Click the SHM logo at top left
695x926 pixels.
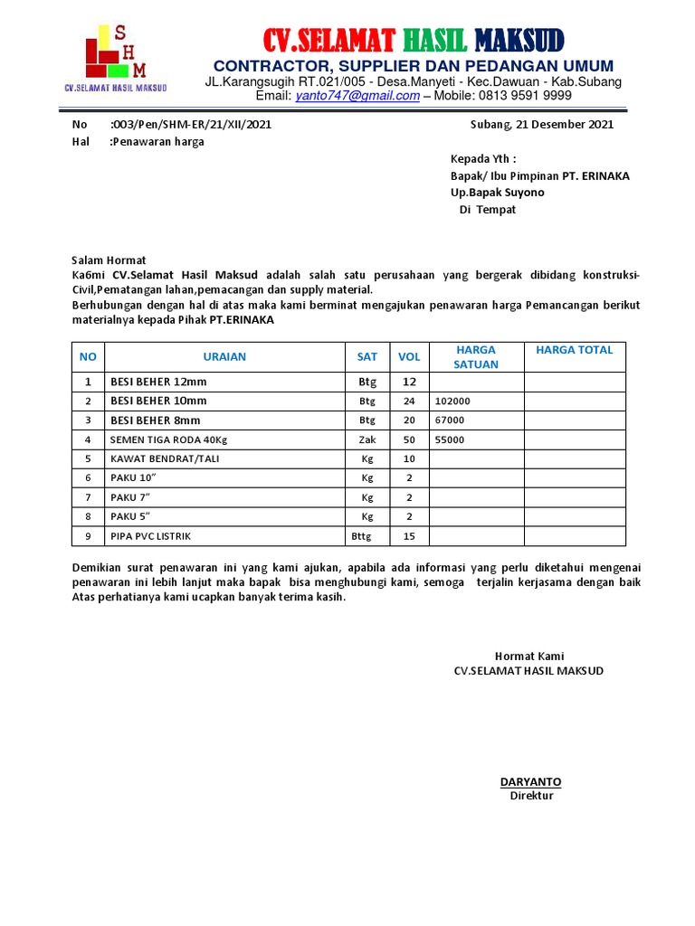[x=114, y=56]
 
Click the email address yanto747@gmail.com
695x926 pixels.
[x=357, y=96]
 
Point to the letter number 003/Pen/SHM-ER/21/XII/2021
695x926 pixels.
[x=190, y=125]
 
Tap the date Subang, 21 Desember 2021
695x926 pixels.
[x=542, y=125]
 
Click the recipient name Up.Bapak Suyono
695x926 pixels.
[x=498, y=193]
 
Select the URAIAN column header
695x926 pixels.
[x=224, y=357]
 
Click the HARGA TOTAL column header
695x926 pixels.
[x=574, y=350]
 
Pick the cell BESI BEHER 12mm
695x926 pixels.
[x=158, y=382]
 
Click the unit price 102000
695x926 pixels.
[x=452, y=402]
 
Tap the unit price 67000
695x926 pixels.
[x=450, y=420]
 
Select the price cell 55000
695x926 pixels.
[x=450, y=440]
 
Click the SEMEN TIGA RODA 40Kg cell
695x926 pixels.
[x=168, y=440]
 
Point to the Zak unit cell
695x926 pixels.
[x=367, y=440]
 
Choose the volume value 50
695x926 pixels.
[x=409, y=440]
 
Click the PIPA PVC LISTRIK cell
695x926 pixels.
[x=150, y=536]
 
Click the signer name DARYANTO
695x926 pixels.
[x=530, y=782]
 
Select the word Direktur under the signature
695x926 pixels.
[x=531, y=796]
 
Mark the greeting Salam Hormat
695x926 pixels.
[x=109, y=260]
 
